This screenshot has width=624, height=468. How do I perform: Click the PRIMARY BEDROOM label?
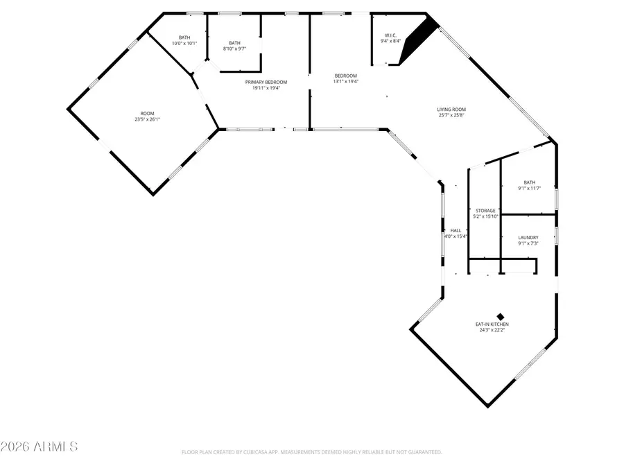tap(266, 82)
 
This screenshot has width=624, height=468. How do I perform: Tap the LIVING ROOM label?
tap(451, 109)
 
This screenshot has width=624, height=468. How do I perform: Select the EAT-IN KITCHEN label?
tap(493, 324)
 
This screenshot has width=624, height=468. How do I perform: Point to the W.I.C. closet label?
tap(390, 35)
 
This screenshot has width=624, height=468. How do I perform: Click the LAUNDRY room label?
tap(528, 238)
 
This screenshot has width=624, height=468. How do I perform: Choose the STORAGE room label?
tap(485, 211)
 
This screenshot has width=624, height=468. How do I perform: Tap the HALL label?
tap(456, 231)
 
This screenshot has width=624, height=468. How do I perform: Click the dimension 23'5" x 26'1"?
tap(147, 119)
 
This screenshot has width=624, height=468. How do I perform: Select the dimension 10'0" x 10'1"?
tap(184, 44)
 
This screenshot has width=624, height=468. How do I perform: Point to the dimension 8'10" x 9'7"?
tap(234, 49)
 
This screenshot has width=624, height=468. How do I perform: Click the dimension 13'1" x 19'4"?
tap(345, 82)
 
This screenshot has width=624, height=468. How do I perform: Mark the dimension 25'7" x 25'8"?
tap(451, 115)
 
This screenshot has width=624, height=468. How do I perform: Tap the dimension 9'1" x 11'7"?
tap(530, 189)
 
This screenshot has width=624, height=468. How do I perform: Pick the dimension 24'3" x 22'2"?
tap(493, 331)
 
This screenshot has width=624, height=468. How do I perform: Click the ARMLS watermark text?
tap(40, 446)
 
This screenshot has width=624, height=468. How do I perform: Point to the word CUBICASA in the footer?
tap(263, 452)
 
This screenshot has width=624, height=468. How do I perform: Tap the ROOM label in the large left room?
tap(147, 113)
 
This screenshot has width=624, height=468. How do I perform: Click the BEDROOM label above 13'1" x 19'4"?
tap(345, 76)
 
